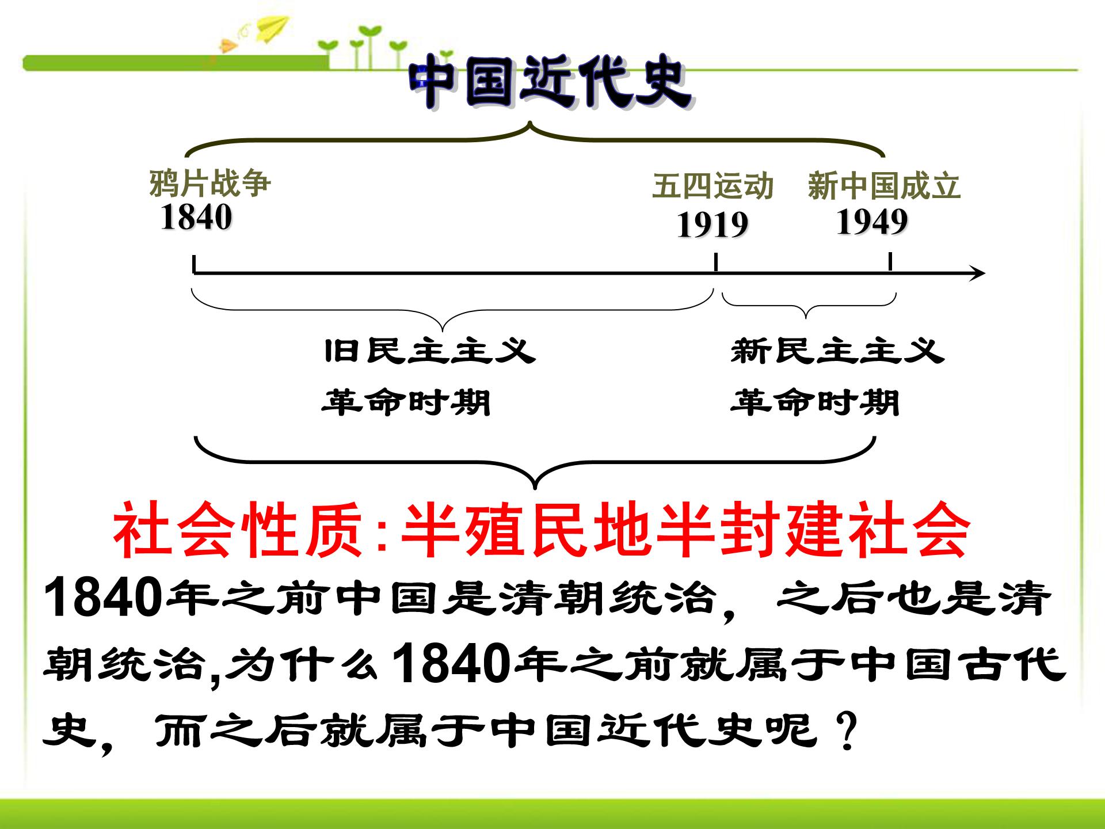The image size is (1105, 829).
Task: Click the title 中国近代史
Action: (x=550, y=85)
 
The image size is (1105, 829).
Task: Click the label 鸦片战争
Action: (x=210, y=183)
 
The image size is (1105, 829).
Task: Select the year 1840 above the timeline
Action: (x=196, y=218)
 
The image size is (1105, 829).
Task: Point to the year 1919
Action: (x=712, y=225)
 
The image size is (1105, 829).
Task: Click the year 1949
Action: (x=872, y=222)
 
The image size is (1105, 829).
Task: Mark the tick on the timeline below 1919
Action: (x=715, y=263)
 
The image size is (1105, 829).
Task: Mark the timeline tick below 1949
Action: (x=890, y=261)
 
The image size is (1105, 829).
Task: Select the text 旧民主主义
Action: (x=430, y=351)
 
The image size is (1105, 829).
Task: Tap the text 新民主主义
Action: (x=837, y=351)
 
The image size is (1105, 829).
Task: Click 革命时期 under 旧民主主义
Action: (x=406, y=402)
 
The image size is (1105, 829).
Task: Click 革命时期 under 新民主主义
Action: (x=815, y=402)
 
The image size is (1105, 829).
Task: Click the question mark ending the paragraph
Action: (x=847, y=731)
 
